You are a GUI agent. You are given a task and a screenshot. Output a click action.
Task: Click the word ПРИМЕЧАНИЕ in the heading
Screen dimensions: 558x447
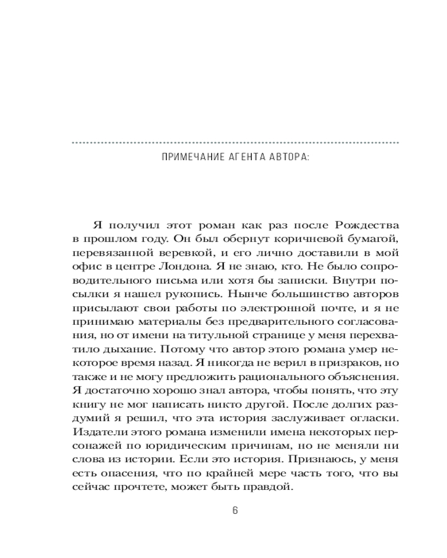coord(187,158)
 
